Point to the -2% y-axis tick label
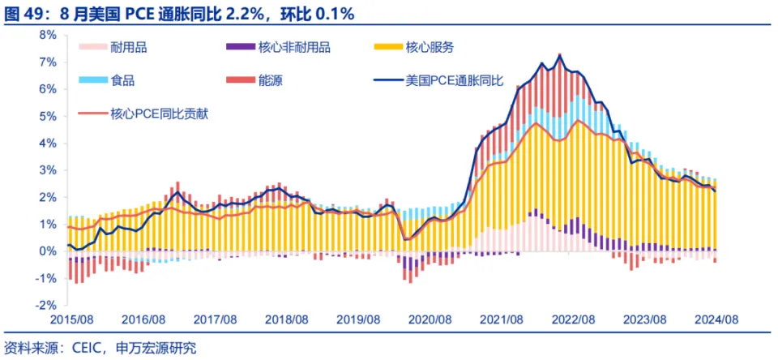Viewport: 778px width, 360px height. (x=45, y=306)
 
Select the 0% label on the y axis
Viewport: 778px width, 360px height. (x=48, y=251)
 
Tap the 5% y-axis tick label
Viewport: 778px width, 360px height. (x=48, y=116)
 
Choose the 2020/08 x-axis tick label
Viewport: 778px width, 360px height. (x=431, y=321)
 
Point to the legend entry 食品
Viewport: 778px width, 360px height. (x=122, y=80)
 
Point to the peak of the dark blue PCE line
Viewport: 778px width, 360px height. (x=560, y=55)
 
